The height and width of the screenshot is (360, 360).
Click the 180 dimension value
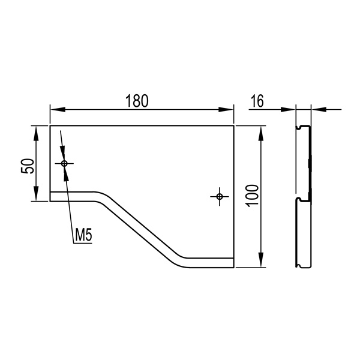[137, 101]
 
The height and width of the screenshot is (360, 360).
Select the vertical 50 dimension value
[28, 166]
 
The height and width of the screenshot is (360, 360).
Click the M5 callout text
[83, 235]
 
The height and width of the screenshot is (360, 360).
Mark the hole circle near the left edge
[64, 164]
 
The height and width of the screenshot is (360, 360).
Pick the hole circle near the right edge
[220, 197]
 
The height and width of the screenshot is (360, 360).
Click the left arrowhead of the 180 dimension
[58, 110]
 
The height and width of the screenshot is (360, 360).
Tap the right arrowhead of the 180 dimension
[226, 110]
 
